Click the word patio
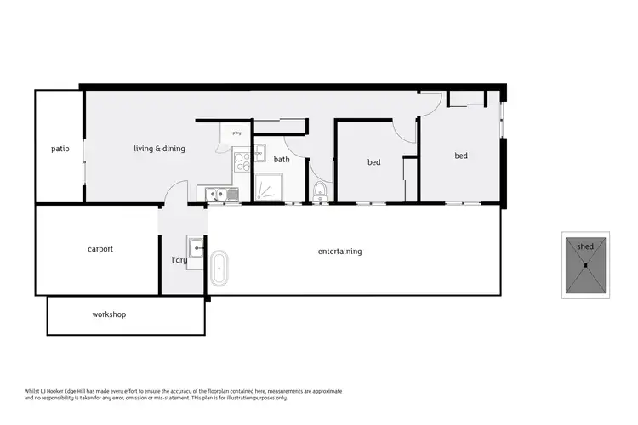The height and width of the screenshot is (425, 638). [60, 149]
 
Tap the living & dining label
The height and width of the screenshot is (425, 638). [159, 149]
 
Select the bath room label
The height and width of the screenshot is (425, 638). [282, 159]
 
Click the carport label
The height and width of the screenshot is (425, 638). [100, 249]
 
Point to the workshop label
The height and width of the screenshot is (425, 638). [109, 314]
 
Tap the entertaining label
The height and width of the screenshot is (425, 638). [339, 252]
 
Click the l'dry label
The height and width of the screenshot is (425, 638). [179, 260]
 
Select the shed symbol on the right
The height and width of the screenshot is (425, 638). [586, 265]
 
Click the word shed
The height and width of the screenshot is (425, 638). [585, 246]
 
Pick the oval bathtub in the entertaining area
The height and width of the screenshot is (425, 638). [219, 268]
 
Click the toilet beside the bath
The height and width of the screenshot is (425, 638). [320, 190]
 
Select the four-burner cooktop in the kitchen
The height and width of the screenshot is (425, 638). [241, 157]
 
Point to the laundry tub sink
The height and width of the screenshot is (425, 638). [196, 247]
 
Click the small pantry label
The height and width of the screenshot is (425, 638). [237, 133]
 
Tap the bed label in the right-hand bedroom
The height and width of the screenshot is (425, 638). [461, 156]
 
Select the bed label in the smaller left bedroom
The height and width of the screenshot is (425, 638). [373, 162]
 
